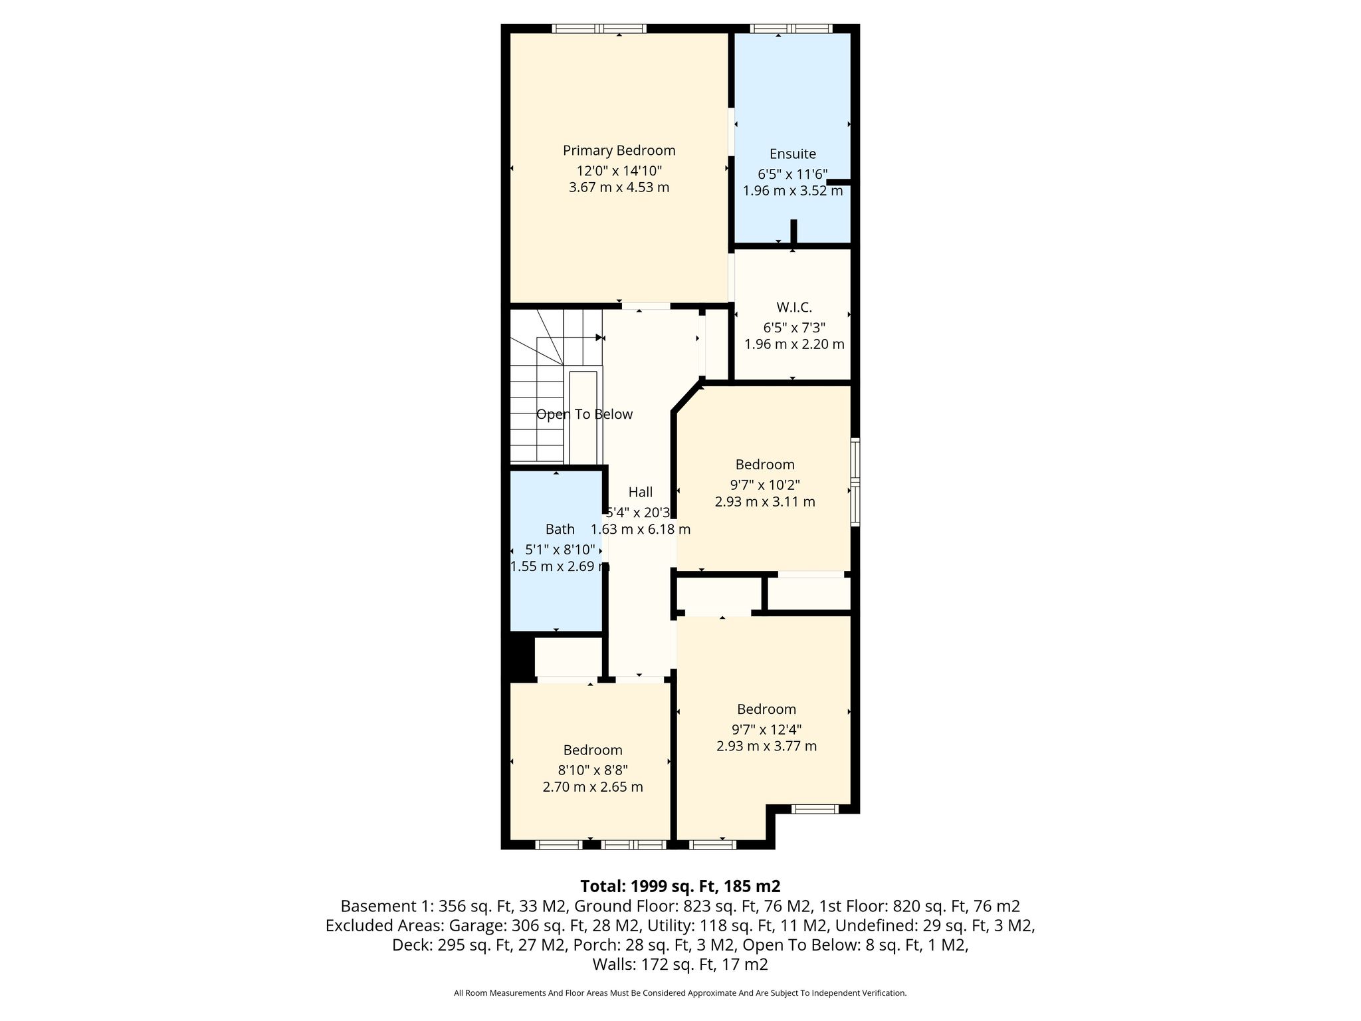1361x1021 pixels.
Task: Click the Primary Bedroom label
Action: pyautogui.click(x=619, y=151)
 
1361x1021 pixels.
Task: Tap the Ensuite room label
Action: pyautogui.click(x=793, y=154)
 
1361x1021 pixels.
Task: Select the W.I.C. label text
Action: pyautogui.click(x=794, y=308)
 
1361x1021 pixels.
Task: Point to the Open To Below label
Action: pyautogui.click(x=584, y=415)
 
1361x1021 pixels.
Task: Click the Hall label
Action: pyautogui.click(x=641, y=493)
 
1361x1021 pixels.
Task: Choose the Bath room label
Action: pyautogui.click(x=560, y=530)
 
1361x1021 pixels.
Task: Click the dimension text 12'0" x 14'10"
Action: pyautogui.click(x=619, y=171)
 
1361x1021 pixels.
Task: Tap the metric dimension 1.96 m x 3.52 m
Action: pyautogui.click(x=793, y=191)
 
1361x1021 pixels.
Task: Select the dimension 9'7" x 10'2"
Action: pyautogui.click(x=765, y=485)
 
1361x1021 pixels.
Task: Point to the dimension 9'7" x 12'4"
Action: pyautogui.click(x=766, y=729)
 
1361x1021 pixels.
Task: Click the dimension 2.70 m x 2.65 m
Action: pyautogui.click(x=593, y=788)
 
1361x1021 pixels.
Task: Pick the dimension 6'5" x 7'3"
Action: pyautogui.click(x=794, y=328)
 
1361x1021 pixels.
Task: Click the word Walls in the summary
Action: pyautogui.click(x=613, y=964)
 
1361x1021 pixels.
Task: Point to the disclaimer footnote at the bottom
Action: pyautogui.click(x=680, y=993)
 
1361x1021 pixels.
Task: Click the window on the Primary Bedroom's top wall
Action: pyautogui.click(x=599, y=29)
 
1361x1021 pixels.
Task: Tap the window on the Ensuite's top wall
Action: pyautogui.click(x=791, y=29)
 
